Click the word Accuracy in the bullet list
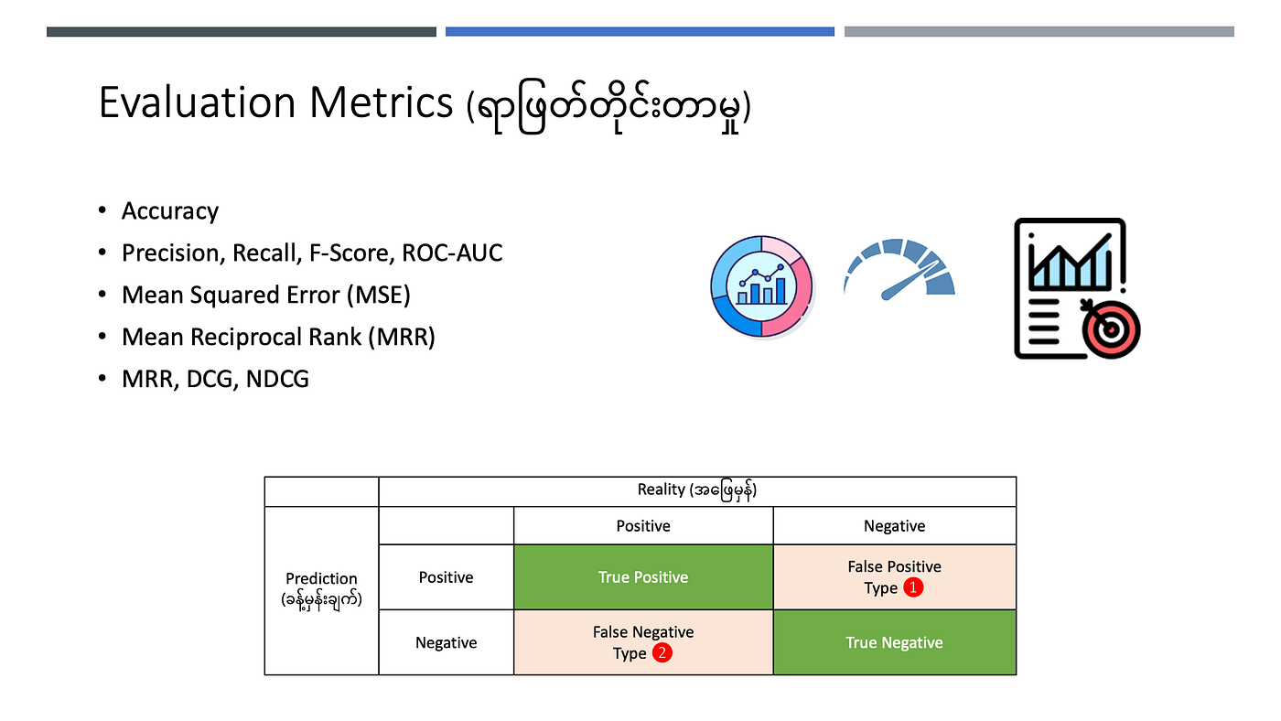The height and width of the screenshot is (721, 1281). click(170, 211)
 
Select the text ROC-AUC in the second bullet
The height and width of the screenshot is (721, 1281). click(452, 253)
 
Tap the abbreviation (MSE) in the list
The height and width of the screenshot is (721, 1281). click(379, 295)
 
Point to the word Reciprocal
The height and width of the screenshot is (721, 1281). click(275, 337)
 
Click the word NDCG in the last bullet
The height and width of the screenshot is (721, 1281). click(277, 379)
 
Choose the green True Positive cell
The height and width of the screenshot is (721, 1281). click(643, 577)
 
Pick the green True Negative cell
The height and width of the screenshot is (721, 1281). click(895, 642)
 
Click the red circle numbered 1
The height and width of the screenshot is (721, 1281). click(913, 587)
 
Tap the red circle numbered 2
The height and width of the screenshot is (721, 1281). click(662, 652)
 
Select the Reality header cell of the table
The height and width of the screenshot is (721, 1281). click(697, 491)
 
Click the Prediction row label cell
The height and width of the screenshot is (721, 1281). click(321, 590)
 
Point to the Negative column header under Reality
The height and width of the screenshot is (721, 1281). click(895, 525)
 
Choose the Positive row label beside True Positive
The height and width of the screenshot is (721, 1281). click(447, 577)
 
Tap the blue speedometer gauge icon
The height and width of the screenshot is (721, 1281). click(899, 269)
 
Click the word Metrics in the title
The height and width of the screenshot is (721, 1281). click(382, 102)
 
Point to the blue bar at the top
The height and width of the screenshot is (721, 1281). click(640, 31)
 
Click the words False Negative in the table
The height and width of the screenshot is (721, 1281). click(643, 632)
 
